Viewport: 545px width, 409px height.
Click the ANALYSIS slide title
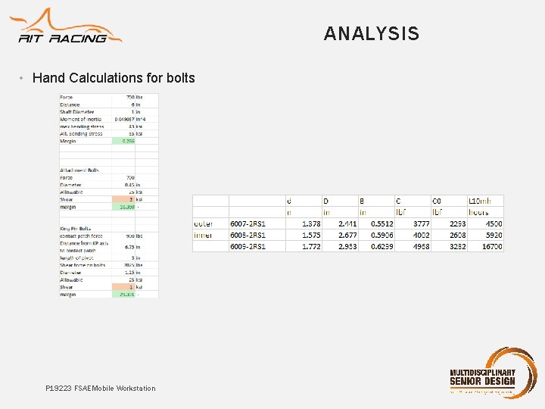coord(371,33)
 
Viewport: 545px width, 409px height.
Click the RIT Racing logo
coord(68,28)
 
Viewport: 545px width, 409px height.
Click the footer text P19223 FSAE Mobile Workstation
coord(100,389)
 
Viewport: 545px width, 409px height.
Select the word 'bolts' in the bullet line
coord(180,78)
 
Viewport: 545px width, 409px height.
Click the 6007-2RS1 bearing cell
coord(248,224)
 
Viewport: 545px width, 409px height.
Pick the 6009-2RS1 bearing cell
coord(248,246)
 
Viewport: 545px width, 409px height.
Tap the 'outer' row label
coord(204,224)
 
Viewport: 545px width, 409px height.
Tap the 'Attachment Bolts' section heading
coord(79,170)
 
